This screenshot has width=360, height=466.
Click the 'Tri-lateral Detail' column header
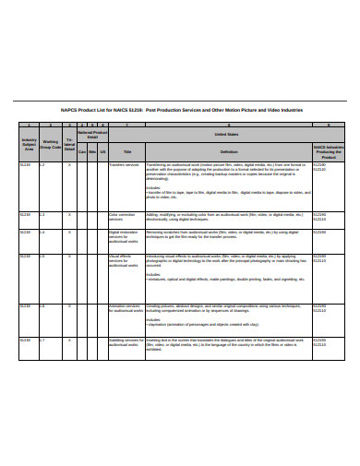[69, 142]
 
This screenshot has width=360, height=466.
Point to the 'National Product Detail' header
[92, 134]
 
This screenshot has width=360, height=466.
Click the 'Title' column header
[127, 150]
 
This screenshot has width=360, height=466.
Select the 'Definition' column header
[229, 150]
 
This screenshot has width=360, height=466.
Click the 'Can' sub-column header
[82, 150]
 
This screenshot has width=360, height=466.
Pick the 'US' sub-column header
[102, 150]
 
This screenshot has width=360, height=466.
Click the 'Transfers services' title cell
[124, 164]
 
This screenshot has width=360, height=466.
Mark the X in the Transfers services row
[69, 164]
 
